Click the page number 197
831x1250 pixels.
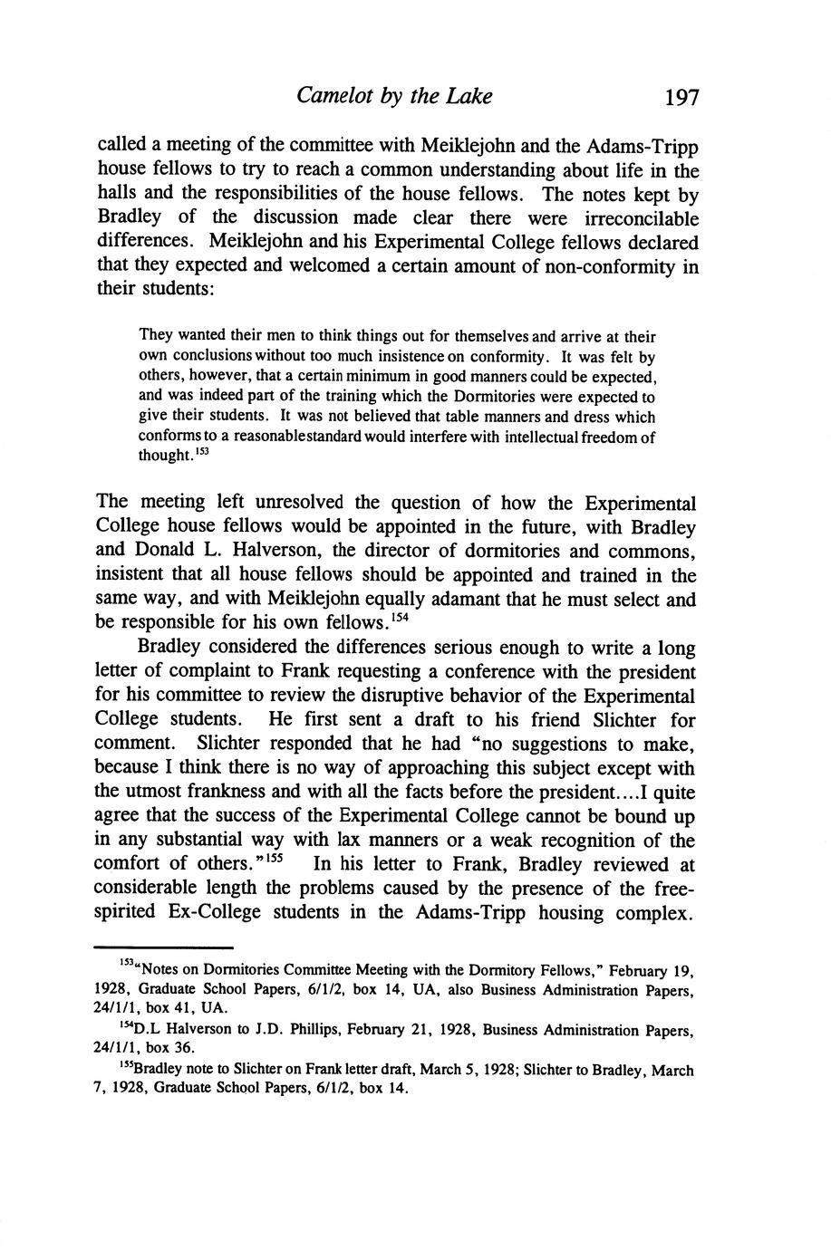pos(681,97)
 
